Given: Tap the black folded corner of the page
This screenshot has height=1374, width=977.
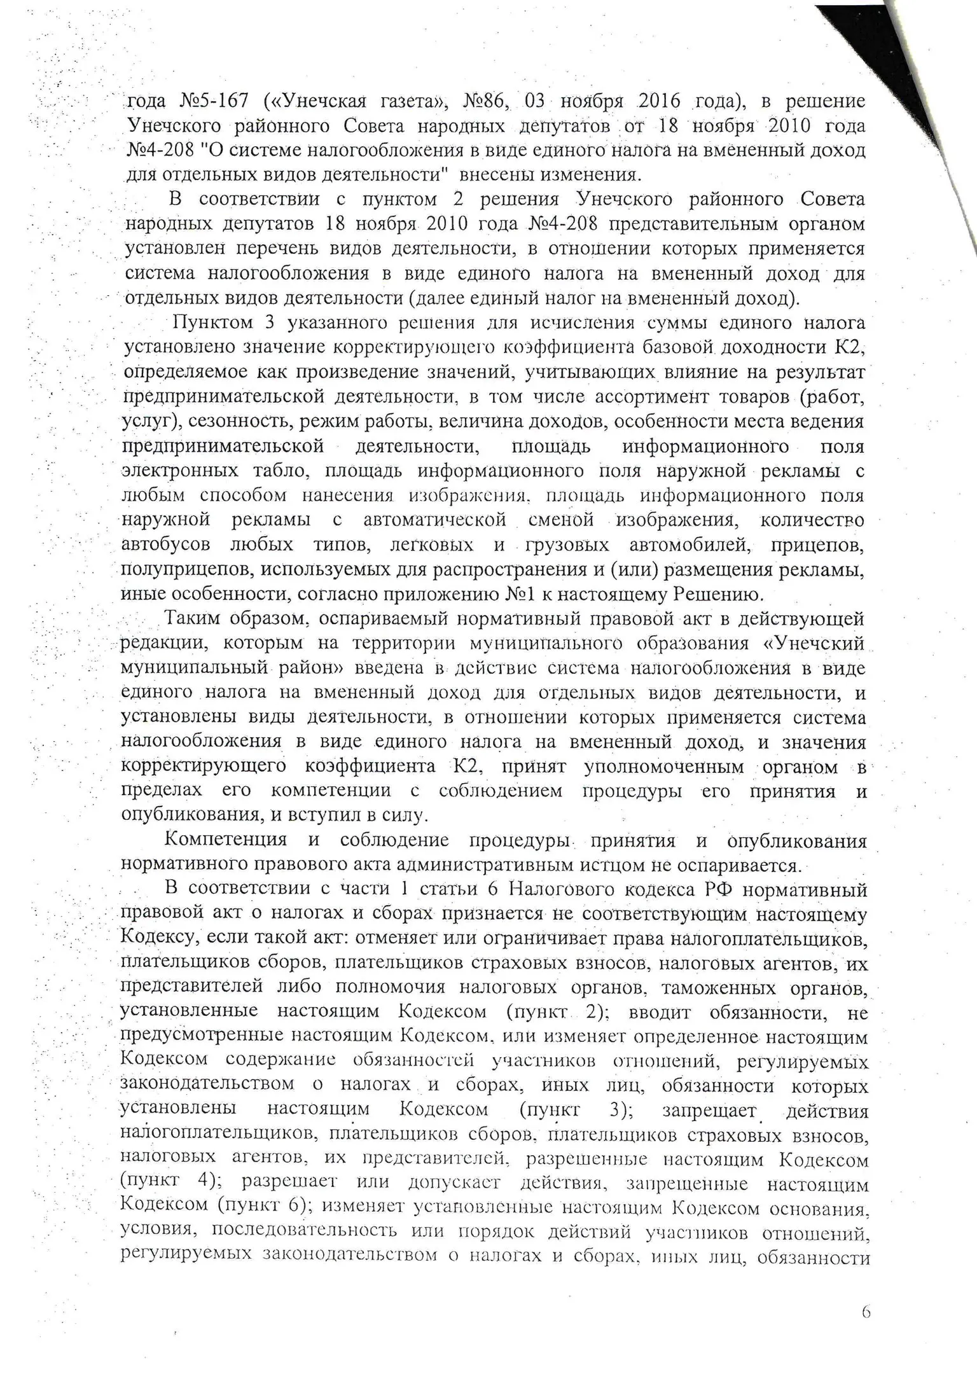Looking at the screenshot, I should pos(916,57).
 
